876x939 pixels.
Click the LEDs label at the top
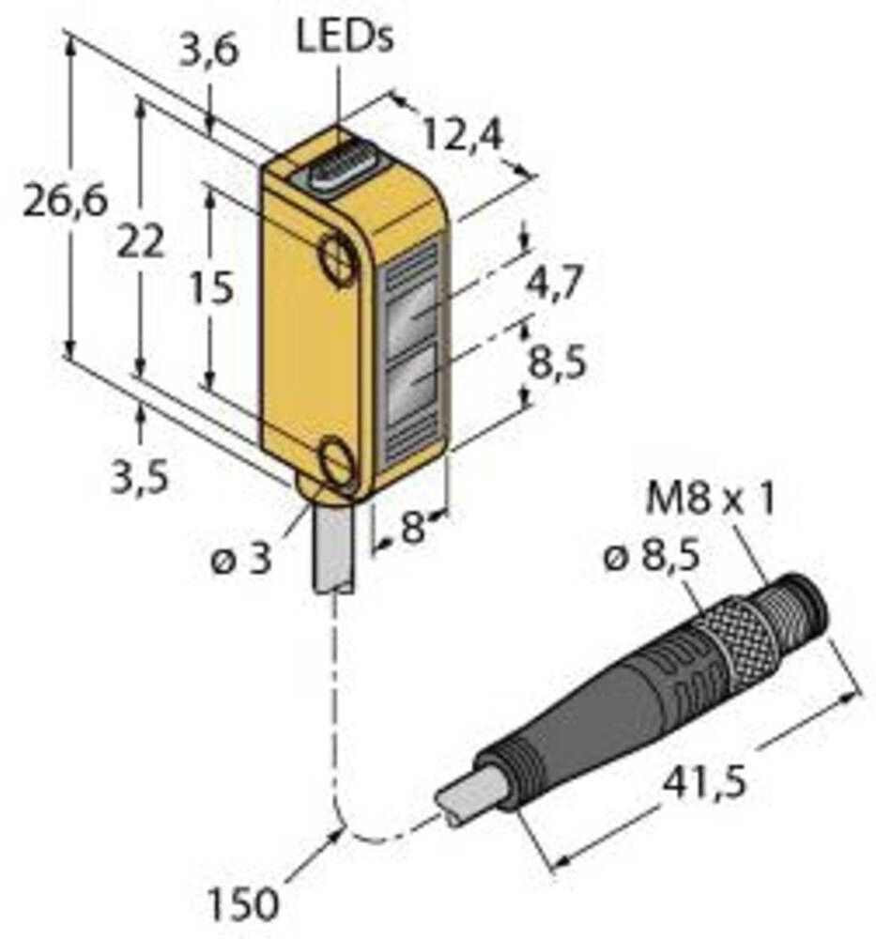(345, 39)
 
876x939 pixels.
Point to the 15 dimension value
(207, 289)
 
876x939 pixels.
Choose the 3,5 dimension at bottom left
(140, 479)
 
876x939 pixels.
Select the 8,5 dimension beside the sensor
(556, 362)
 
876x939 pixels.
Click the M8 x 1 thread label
(710, 500)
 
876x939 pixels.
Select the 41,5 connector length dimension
(704, 781)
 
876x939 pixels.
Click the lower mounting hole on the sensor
(338, 464)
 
